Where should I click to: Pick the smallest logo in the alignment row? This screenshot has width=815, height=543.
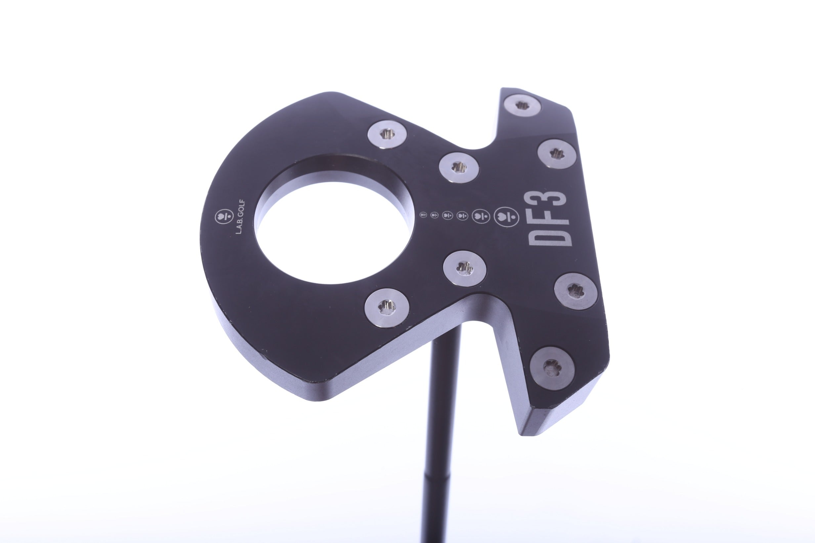pyautogui.click(x=423, y=215)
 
